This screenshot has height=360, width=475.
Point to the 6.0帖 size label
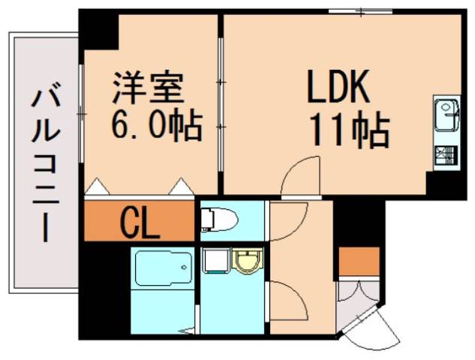(156, 124)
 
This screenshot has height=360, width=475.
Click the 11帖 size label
(350, 130)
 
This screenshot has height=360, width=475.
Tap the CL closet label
(140, 222)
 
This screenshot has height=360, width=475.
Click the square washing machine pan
(216, 262)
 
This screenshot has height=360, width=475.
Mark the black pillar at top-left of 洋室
(99, 29)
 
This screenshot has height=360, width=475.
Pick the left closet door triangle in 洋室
(97, 187)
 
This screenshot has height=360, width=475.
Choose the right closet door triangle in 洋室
(182, 187)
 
